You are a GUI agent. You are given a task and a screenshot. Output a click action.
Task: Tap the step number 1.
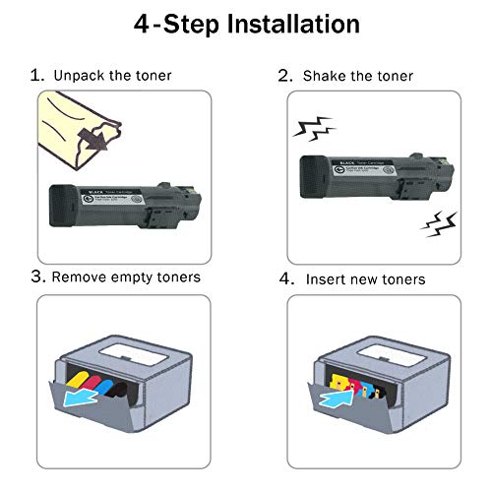click(36, 75)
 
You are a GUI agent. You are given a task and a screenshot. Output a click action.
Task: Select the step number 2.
click(285, 76)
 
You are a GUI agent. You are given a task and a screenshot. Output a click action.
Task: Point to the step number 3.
click(36, 277)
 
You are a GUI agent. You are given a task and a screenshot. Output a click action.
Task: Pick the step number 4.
click(286, 278)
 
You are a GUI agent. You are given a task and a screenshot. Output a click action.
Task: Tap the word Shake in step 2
click(326, 76)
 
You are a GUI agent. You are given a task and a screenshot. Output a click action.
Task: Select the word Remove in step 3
click(84, 277)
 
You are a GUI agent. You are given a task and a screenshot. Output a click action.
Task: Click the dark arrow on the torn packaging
click(93, 143)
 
